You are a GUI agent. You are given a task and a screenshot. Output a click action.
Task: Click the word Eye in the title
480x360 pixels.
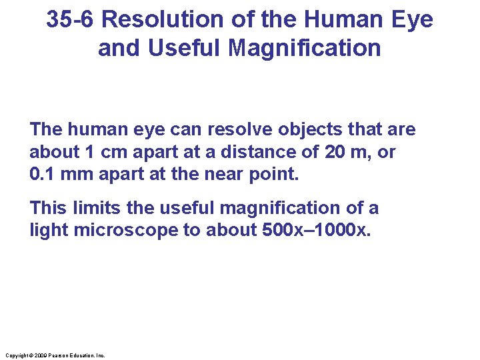coord(414,20)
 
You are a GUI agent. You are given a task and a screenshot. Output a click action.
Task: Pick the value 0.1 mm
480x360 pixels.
coord(57,175)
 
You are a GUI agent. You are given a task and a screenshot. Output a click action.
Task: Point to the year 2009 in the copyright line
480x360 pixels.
coord(39,356)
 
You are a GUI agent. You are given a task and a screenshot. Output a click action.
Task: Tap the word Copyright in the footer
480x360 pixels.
coord(16,356)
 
